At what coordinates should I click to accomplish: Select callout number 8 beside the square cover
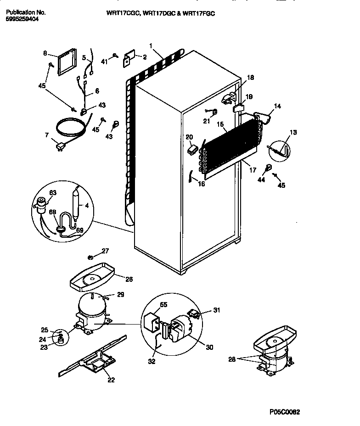click(x=45, y=53)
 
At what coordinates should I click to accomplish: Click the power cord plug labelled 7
click(x=59, y=146)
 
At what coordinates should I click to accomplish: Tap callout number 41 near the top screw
click(x=104, y=61)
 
